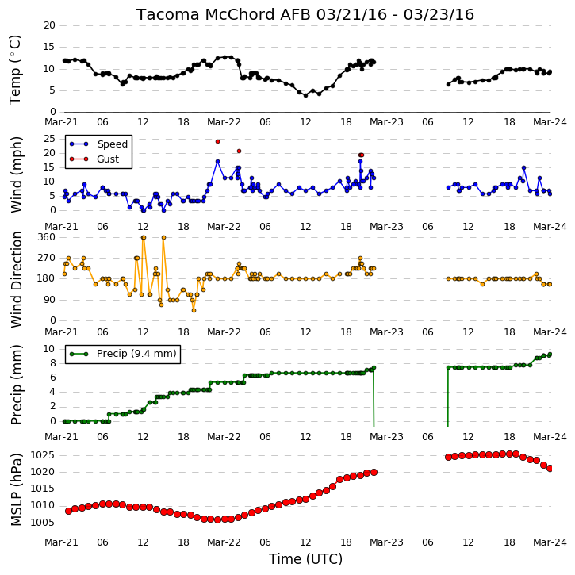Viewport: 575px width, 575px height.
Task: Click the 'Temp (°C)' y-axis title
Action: click(x=15, y=70)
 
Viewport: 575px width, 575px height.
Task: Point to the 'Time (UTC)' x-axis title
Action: click(x=305, y=559)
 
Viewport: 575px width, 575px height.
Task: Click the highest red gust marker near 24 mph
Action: click(x=217, y=141)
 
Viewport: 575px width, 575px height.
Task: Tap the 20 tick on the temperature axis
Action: click(x=49, y=25)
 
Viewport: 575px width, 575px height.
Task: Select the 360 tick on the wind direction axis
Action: click(x=47, y=237)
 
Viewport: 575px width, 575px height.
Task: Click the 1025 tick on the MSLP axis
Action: click(x=42, y=455)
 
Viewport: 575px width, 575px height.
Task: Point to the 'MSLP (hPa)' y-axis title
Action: click(x=16, y=489)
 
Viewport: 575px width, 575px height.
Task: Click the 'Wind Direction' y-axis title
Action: click(x=16, y=279)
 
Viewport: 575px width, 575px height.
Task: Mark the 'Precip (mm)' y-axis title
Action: click(x=16, y=385)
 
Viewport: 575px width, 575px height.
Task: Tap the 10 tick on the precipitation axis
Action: click(x=49, y=349)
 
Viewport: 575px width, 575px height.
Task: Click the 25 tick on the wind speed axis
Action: click(x=49, y=139)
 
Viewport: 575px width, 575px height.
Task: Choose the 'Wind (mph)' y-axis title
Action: click(x=16, y=174)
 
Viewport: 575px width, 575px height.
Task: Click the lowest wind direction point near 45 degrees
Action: click(x=194, y=311)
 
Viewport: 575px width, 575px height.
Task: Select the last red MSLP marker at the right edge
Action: click(x=550, y=468)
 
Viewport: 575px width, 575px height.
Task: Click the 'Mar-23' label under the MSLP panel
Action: click(x=386, y=542)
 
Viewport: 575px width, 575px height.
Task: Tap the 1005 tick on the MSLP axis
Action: click(x=42, y=522)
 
